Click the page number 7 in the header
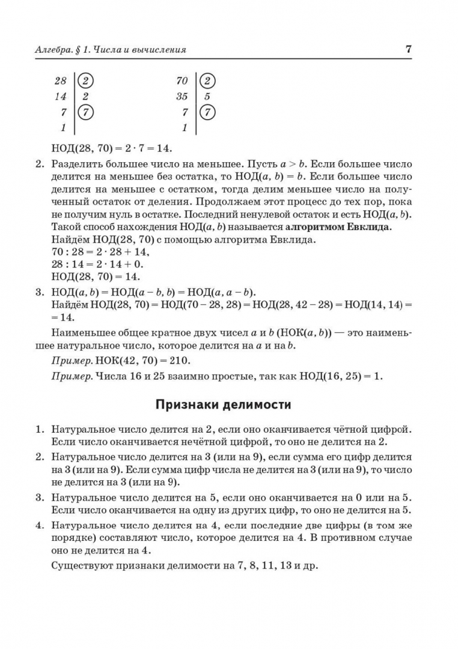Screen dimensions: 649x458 (x=409, y=49)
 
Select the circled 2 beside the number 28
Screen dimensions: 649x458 (x=86, y=81)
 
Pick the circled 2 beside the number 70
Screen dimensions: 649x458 (x=207, y=81)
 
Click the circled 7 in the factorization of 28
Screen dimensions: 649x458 (x=86, y=112)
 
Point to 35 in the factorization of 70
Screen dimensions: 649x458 (x=182, y=96)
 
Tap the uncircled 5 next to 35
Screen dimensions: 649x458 (x=207, y=96)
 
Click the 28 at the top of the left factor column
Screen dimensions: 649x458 (x=60, y=81)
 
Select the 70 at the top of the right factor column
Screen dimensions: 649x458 (x=182, y=81)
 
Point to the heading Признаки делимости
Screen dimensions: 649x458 (x=223, y=404)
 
